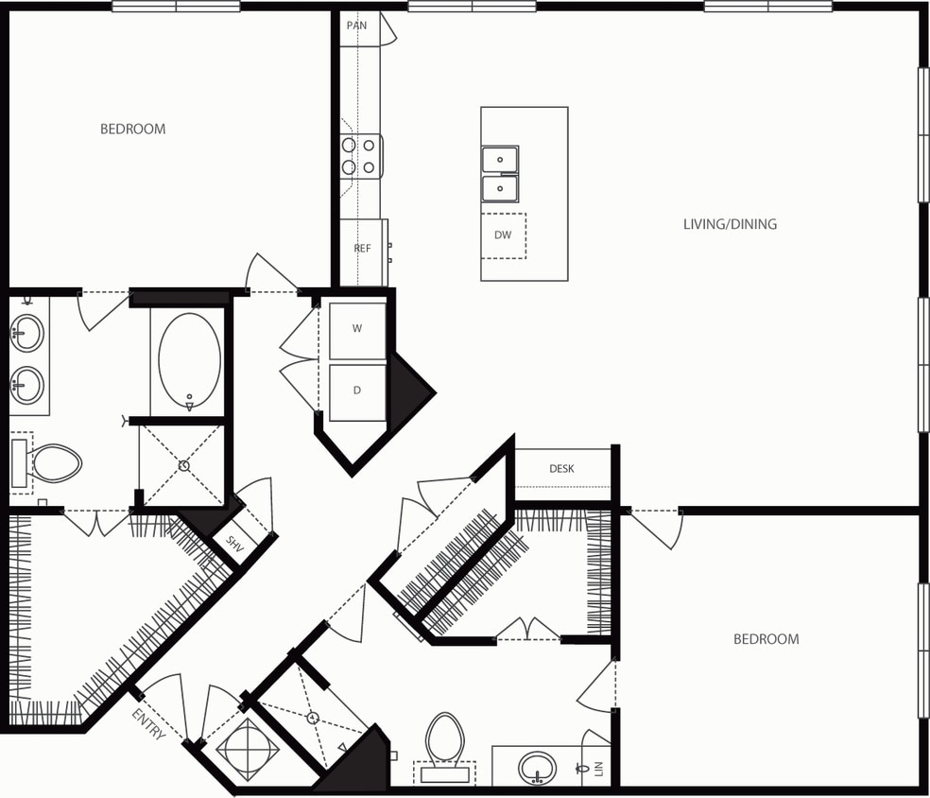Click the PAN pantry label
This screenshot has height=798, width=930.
(x=356, y=26)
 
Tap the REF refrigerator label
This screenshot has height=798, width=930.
(x=362, y=249)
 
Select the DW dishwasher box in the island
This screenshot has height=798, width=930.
(x=503, y=235)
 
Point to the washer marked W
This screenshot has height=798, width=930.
(x=357, y=330)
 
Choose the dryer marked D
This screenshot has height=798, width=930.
(x=357, y=390)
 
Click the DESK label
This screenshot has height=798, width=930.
(x=561, y=469)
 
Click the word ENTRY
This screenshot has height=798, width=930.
(x=148, y=723)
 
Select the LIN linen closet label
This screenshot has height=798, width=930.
(x=598, y=769)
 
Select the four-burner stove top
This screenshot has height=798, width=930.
(x=360, y=156)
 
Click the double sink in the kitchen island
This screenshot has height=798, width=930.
(x=500, y=174)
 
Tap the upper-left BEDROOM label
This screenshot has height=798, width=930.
(x=133, y=129)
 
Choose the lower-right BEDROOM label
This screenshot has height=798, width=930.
(x=766, y=639)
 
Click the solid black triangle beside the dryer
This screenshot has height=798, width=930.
(x=408, y=388)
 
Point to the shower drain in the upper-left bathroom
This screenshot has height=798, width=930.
(x=184, y=466)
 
